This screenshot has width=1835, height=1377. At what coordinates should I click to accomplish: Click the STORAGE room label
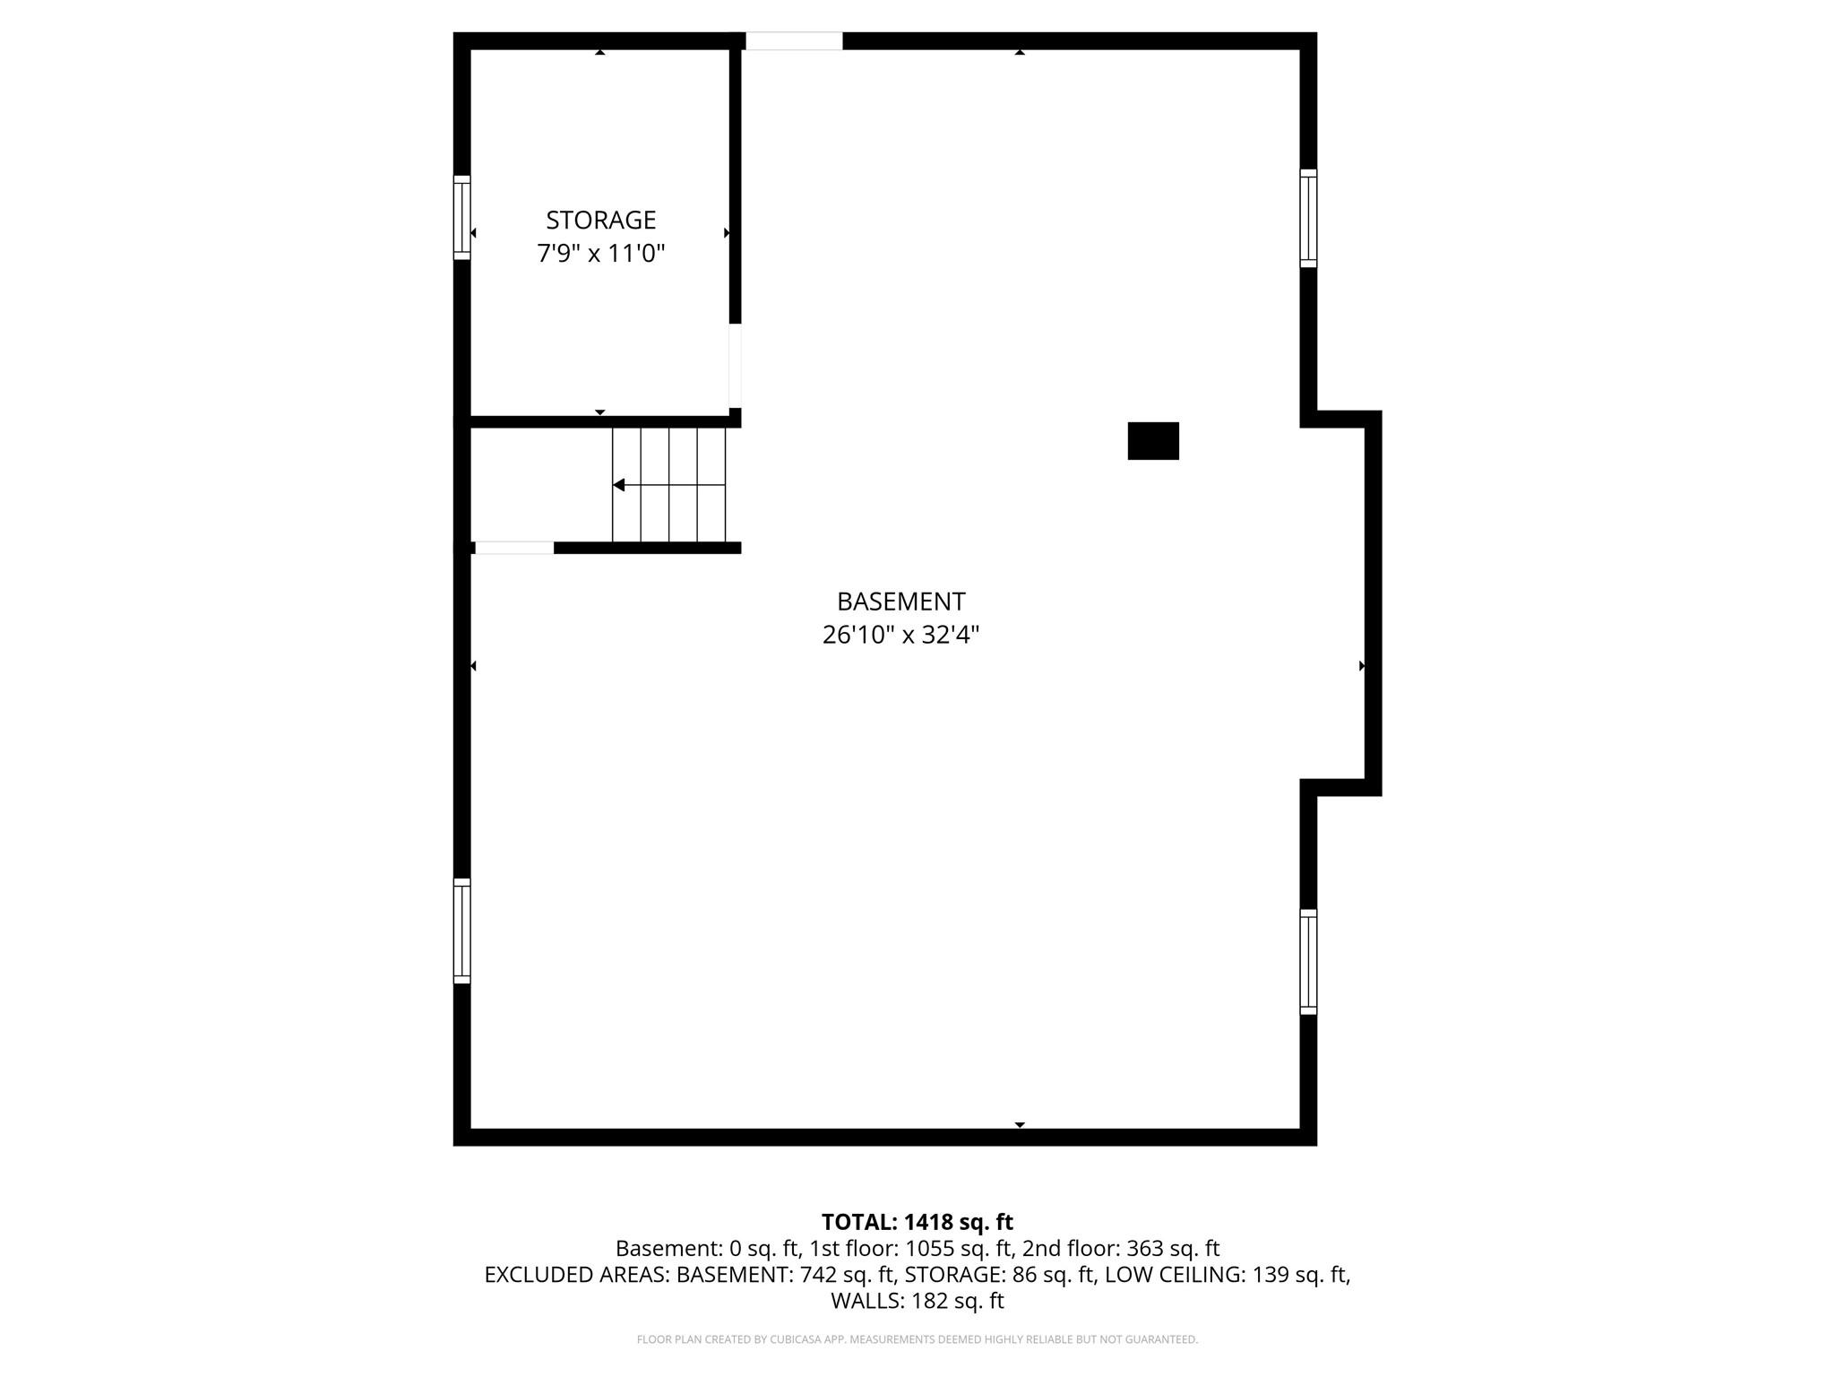600,220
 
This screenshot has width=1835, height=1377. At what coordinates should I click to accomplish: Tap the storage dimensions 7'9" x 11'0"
600,254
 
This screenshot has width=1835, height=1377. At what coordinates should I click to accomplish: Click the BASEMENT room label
900,601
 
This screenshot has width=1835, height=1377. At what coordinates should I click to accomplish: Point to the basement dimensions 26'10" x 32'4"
900,636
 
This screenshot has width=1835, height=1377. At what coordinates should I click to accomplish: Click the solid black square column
1152,441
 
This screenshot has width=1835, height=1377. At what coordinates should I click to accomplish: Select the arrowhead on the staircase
618,485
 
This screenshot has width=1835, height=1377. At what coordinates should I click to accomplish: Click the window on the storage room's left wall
461,218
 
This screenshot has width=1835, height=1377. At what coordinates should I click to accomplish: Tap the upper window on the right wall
1308,218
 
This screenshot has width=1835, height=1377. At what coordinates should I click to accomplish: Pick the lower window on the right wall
1308,962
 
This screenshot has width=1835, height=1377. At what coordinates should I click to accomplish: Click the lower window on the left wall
461,931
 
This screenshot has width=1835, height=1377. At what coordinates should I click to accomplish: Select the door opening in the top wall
794,41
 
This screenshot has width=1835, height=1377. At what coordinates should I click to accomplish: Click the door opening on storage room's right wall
735,366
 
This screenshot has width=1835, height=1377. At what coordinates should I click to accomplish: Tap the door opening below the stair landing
513,548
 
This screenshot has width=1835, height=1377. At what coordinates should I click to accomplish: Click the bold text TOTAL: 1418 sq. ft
917,1222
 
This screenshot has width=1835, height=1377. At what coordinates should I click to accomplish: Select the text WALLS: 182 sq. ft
917,1301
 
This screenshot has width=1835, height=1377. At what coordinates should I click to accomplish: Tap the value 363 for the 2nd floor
1143,1249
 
